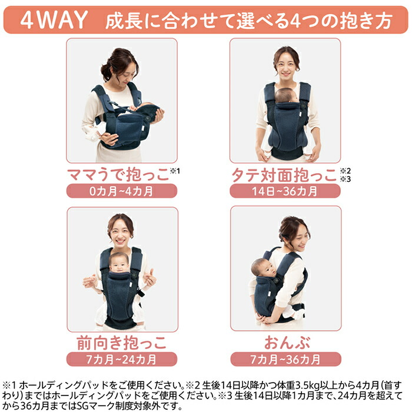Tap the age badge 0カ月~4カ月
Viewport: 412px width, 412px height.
(x=121, y=191)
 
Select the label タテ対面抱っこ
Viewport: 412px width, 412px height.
(x=283, y=175)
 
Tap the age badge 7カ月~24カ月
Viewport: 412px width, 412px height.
(x=121, y=359)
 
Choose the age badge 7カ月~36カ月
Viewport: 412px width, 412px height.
(x=285, y=359)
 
